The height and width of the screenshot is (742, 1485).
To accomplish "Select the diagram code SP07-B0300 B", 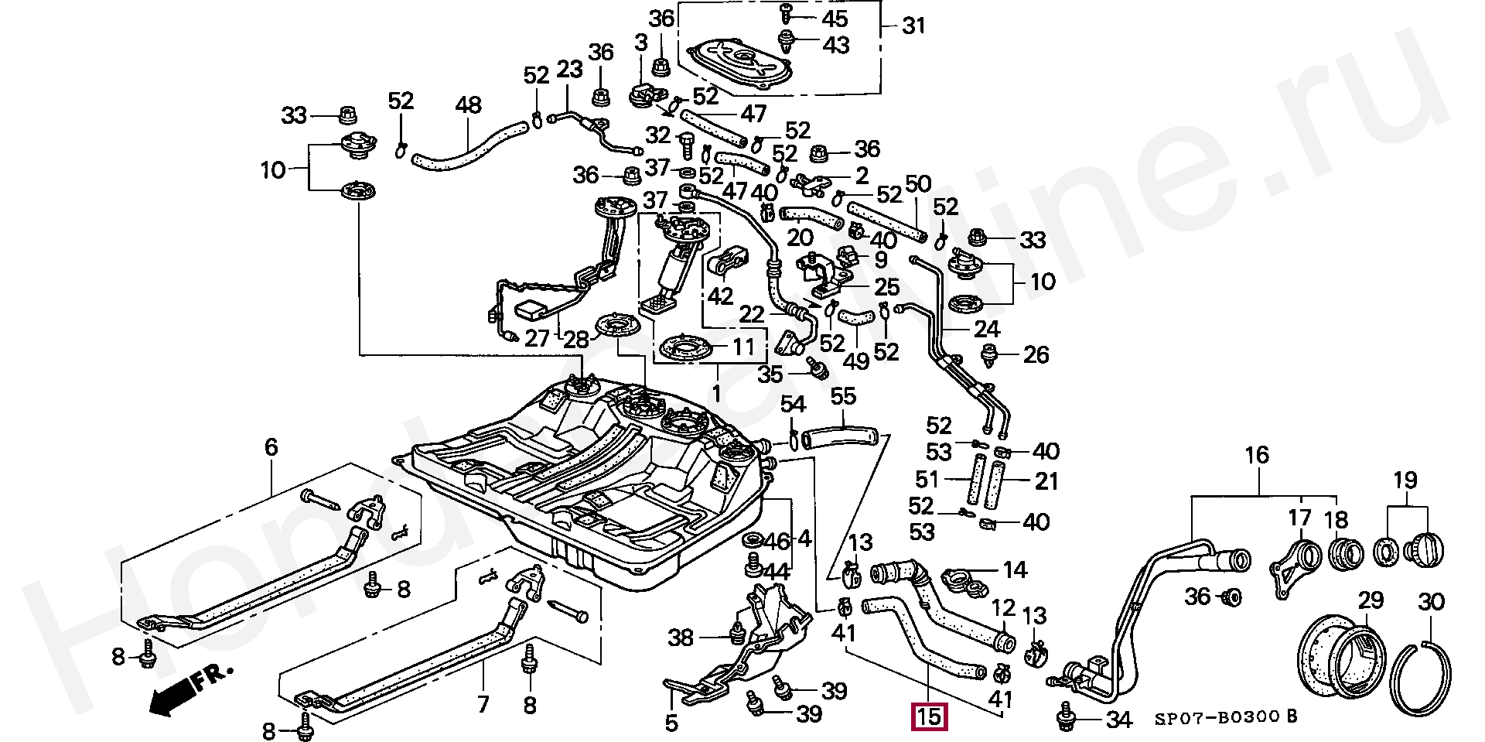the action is pyautogui.click(x=1226, y=717).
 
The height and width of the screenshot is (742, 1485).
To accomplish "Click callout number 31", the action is pyautogui.click(x=913, y=26).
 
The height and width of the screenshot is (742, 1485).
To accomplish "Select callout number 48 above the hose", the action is pyautogui.click(x=469, y=104).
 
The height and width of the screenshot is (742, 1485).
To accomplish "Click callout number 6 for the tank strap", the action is pyautogui.click(x=271, y=446).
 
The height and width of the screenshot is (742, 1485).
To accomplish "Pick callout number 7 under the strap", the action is pyautogui.click(x=483, y=704).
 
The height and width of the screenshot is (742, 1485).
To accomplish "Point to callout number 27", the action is pyautogui.click(x=537, y=337).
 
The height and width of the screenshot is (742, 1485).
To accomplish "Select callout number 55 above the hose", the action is pyautogui.click(x=843, y=396).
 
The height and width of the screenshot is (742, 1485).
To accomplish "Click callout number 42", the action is pyautogui.click(x=720, y=296).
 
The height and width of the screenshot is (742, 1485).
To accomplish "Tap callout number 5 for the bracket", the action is pyautogui.click(x=671, y=723).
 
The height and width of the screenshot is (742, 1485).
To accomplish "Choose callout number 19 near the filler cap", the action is pyautogui.click(x=1405, y=480).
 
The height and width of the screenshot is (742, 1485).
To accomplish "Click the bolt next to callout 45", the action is pyautogui.click(x=786, y=13).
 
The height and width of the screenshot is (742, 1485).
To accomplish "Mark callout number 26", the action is pyautogui.click(x=1036, y=354).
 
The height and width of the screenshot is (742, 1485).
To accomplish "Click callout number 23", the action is pyautogui.click(x=569, y=70).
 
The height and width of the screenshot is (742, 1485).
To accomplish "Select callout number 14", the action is pyautogui.click(x=1015, y=570).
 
